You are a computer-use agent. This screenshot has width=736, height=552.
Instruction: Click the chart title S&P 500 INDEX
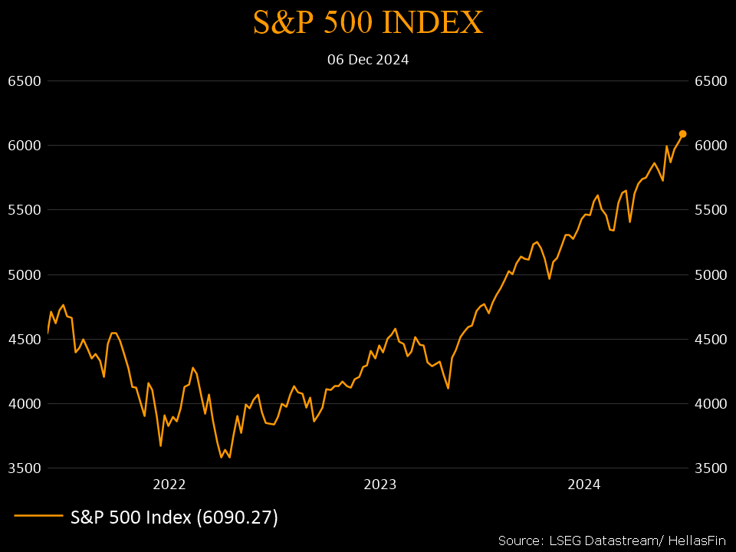coord(368,23)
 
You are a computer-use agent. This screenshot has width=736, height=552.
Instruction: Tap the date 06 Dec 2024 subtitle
coord(368,59)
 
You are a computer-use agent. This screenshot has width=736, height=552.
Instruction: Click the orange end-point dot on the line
coord(682,133)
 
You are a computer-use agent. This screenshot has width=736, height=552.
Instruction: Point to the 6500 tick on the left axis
coord(24,81)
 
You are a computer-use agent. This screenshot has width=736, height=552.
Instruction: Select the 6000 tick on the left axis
coord(24,146)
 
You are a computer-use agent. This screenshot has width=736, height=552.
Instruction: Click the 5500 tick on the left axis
coord(24,210)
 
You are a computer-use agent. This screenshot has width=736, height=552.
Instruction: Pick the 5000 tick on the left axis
coord(24,274)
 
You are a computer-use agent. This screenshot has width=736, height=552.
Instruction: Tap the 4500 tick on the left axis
coord(24,339)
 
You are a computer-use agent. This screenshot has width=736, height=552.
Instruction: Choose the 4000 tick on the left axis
coord(24,404)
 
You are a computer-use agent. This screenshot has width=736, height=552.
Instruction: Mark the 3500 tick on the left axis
coord(24,468)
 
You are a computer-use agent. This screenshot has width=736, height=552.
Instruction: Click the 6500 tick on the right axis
coord(710,81)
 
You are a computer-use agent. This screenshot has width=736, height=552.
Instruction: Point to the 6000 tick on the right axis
coord(710,146)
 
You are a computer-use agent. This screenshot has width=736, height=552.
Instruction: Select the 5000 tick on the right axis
coord(710,274)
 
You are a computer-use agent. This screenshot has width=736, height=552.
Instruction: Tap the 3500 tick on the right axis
coord(710,468)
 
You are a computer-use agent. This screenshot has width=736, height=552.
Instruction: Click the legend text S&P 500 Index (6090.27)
coord(174,517)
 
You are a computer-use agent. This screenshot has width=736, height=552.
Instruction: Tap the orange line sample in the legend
coord(38,516)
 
